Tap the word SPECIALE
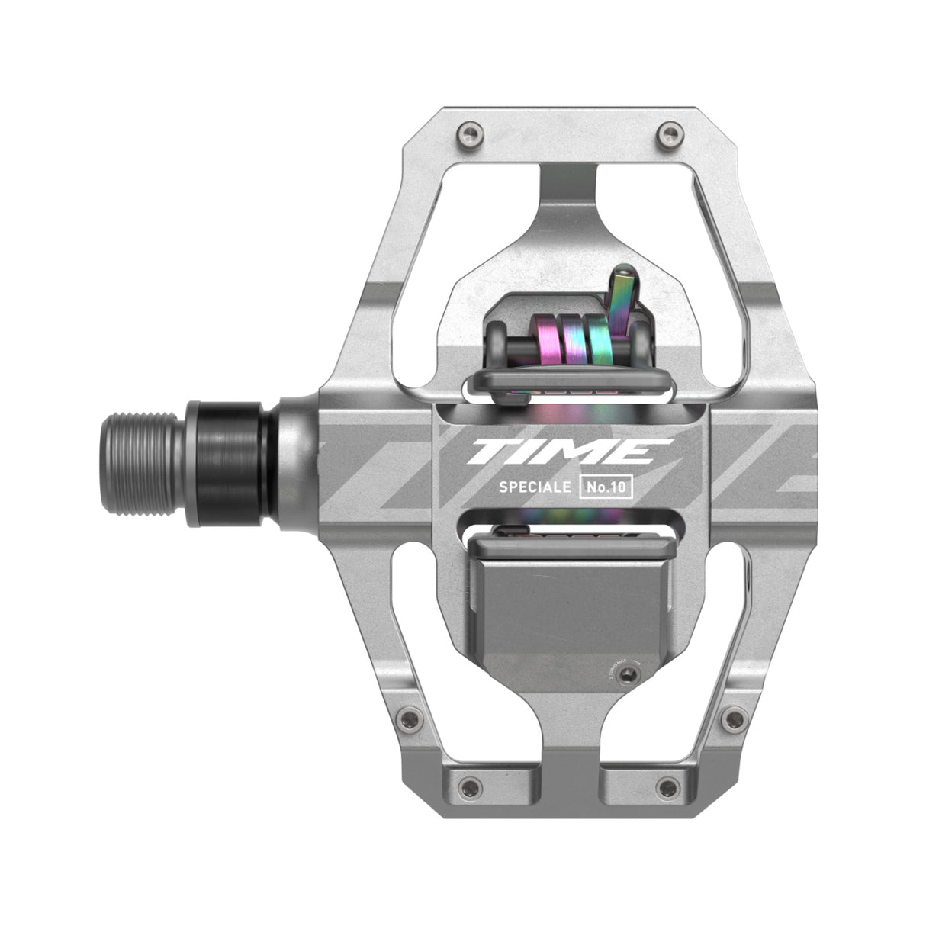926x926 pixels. click(x=535, y=487)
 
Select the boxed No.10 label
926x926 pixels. click(x=607, y=487)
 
